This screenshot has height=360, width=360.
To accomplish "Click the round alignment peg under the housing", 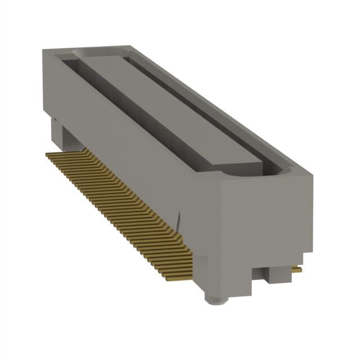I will click(x=215, y=298).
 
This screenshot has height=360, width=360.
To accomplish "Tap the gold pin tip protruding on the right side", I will click(x=296, y=270).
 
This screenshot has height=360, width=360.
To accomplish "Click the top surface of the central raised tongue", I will click(x=169, y=107).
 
